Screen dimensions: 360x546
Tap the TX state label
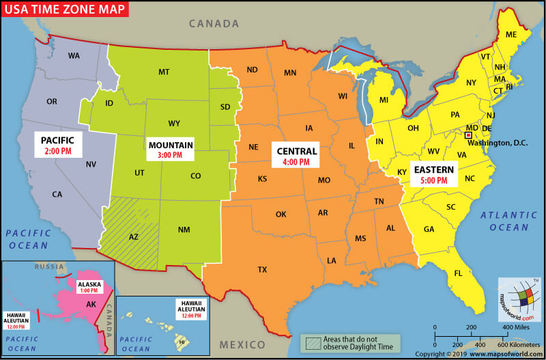pyautogui.click(x=262, y=269)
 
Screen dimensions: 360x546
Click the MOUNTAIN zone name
pyautogui.click(x=171, y=145)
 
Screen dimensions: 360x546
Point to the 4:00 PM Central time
pyautogui.click(x=296, y=163)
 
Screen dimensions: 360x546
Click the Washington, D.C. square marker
pyautogui.click(x=468, y=136)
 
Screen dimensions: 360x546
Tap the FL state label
pyautogui.click(x=459, y=274)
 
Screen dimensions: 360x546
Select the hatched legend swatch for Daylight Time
pyautogui.click(x=313, y=343)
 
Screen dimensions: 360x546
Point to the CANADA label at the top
pyautogui.click(x=214, y=24)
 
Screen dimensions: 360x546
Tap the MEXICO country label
pyautogui.click(x=242, y=344)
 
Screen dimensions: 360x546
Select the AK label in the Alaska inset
pyautogui.click(x=90, y=305)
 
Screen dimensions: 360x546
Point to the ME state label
pyautogui.click(x=511, y=34)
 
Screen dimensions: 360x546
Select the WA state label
pyautogui.click(x=74, y=55)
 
